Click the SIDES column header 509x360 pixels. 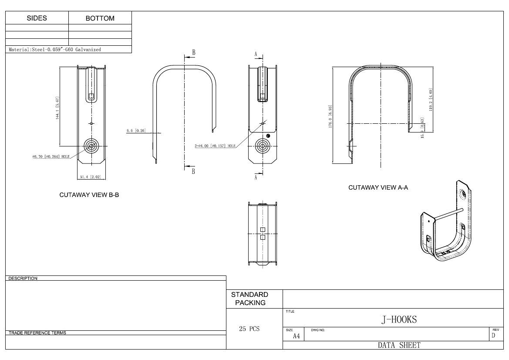pos(37,18)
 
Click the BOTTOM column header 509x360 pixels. pos(100,18)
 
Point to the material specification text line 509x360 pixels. pos(55,50)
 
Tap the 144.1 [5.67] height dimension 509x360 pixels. pos(57,109)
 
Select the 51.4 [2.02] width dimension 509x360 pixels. pos(91,177)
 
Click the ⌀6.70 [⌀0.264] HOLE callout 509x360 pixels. pos(51,156)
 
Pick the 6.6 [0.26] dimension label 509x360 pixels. pos(136,130)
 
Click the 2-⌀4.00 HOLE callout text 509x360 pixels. pos(215,146)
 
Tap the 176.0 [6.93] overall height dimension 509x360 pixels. pos(330,117)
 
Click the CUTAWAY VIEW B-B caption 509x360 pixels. pos(89,195)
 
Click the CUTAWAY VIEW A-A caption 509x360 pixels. pos(378,187)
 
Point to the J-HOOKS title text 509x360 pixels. pos(399,319)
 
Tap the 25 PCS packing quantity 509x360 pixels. pos(249,329)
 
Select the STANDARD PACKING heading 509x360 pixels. pos(249,299)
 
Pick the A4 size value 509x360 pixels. pos(296,336)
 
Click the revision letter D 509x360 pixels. pos(493,336)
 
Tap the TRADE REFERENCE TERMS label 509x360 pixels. pos(37,333)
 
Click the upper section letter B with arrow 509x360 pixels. pos(194,53)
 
